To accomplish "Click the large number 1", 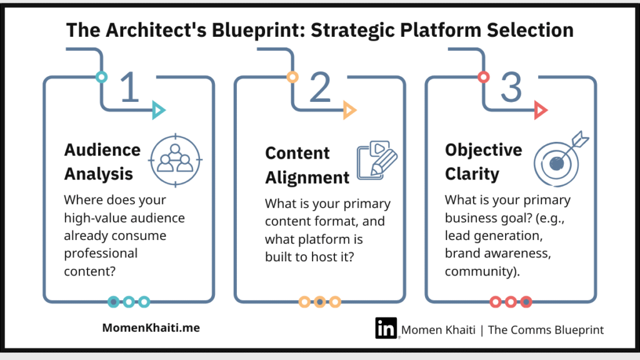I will [129, 88].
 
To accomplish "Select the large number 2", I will [319, 88].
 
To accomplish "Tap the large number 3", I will [511, 88].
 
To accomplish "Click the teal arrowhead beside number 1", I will [159, 111].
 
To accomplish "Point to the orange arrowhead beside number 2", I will [349, 111].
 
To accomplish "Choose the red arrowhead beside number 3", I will [541, 111].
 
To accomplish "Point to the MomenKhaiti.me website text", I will [151, 327].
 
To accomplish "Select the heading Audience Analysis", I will [102, 161].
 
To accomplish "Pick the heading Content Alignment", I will [307, 165].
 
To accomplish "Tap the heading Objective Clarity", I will [483, 161].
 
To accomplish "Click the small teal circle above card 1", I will [101, 77].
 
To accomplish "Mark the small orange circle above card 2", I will [292, 77].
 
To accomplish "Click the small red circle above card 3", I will [483, 77].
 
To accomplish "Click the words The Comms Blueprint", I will [546, 329].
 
